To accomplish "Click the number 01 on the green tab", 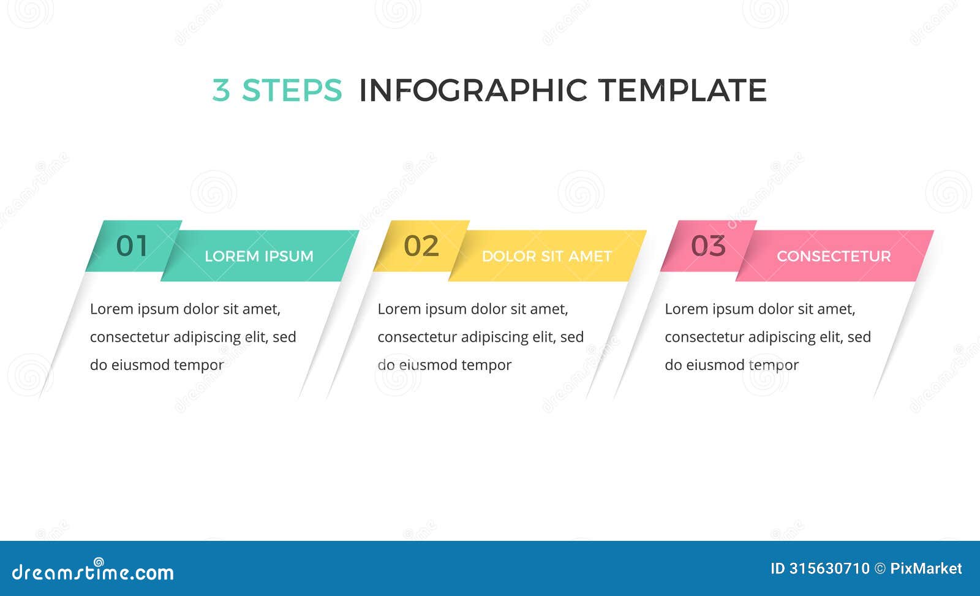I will [x=132, y=246].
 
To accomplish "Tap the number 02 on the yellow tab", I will [x=421, y=246].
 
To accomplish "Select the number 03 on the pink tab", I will [x=708, y=246].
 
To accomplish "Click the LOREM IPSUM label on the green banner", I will [x=258, y=256].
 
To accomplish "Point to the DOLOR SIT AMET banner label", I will [x=546, y=256].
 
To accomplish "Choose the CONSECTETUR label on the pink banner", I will [x=834, y=256].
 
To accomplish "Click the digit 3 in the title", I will [x=221, y=91].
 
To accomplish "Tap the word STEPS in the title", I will [x=292, y=91].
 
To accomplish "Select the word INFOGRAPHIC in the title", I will [x=473, y=91].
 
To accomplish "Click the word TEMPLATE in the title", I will [x=682, y=91].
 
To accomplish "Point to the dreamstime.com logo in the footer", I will [x=93, y=571].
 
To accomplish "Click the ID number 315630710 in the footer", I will [x=829, y=568].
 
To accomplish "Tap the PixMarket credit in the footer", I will [x=925, y=568].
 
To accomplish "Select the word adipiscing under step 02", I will [x=494, y=337].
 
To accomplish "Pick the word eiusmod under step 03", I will [x=715, y=365].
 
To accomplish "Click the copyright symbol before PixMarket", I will [x=880, y=568].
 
